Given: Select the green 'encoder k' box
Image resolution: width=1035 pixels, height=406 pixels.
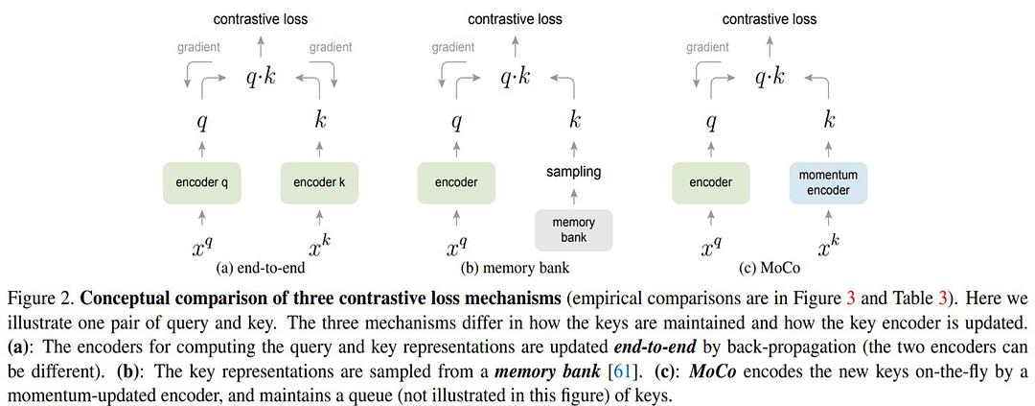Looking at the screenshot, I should pyautogui.click(x=319, y=182).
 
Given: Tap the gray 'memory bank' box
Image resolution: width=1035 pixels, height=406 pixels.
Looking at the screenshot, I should pyautogui.click(x=573, y=230).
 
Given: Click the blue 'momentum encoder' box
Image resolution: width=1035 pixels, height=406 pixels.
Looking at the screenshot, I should pyautogui.click(x=828, y=182).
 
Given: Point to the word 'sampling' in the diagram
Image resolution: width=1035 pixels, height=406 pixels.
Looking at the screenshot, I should pyautogui.click(x=573, y=172).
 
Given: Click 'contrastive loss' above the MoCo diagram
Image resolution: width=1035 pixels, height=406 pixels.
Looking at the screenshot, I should pyautogui.click(x=770, y=18).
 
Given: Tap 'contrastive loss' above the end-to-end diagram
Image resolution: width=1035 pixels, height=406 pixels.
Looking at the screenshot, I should pyautogui.click(x=261, y=18).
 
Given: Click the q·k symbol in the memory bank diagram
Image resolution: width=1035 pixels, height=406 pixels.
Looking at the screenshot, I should pyautogui.click(x=515, y=78).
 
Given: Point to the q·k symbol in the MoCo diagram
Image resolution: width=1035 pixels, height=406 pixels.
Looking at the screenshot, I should pyautogui.click(x=770, y=78).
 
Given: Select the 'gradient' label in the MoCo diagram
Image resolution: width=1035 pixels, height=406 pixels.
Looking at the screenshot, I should pyautogui.click(x=708, y=46).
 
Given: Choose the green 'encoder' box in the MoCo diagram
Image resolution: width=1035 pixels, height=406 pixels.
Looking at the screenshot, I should pyautogui.click(x=711, y=182).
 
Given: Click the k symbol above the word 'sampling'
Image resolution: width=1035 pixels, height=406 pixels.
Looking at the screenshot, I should pyautogui.click(x=574, y=121).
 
